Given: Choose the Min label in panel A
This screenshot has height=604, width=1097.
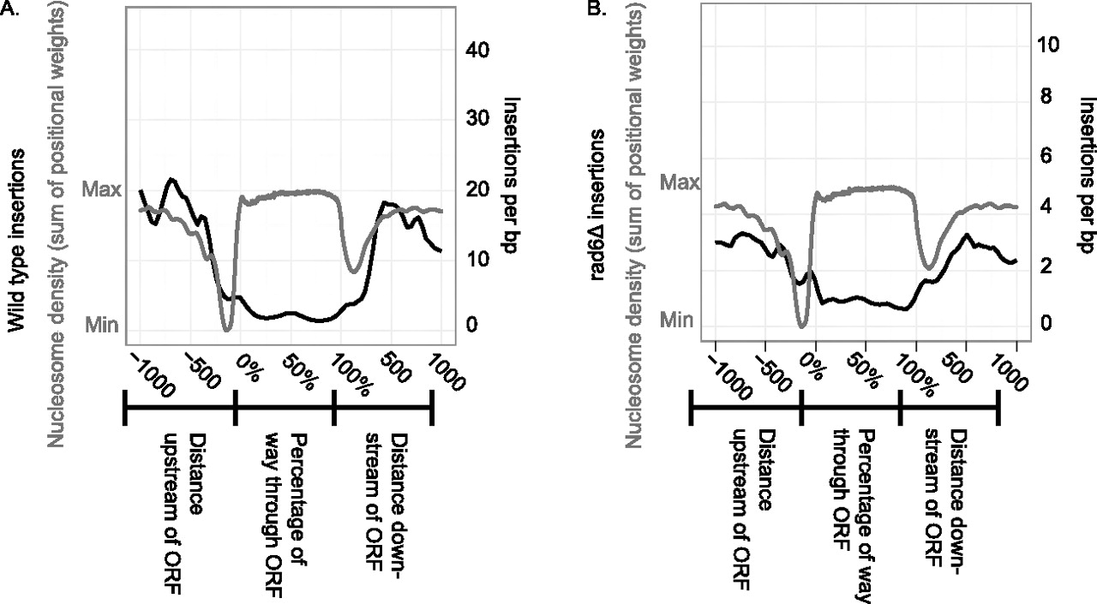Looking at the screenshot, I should pyautogui.click(x=103, y=324).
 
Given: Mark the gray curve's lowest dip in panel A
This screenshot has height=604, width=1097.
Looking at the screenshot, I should pyautogui.click(x=227, y=329).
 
